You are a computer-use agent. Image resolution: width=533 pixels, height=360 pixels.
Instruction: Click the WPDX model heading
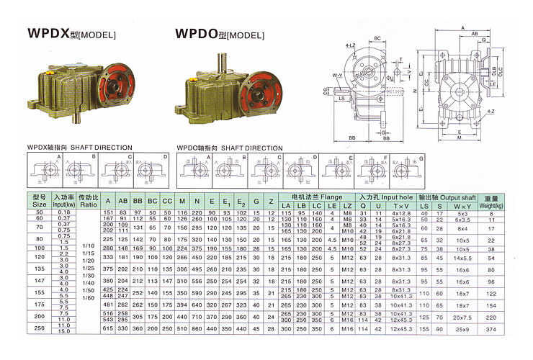tap(62, 33)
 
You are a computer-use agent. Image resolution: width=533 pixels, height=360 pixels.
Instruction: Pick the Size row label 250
tap(38, 328)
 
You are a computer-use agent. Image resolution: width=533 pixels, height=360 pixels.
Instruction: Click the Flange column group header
tap(311, 196)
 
